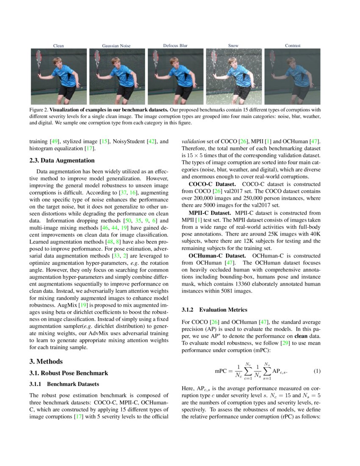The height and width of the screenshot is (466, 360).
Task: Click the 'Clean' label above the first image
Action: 58,45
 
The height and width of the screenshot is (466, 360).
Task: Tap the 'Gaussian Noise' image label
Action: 116,45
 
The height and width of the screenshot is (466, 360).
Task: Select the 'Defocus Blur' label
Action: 175,45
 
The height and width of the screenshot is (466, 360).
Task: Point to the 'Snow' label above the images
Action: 233,45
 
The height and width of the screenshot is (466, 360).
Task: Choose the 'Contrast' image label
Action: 293,45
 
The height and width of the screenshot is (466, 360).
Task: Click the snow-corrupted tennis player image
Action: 234,76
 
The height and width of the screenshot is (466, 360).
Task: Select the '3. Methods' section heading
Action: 46,361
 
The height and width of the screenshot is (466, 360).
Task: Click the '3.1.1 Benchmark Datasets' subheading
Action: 64,384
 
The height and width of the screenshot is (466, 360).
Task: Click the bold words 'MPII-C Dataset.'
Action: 211,213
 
